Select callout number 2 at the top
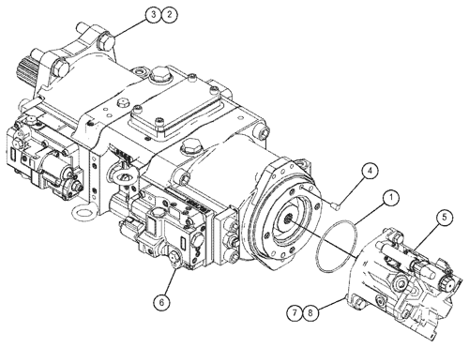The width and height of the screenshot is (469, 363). click(x=169, y=14)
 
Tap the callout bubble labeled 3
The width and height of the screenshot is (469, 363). click(x=153, y=14)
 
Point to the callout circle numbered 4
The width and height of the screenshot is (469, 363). click(x=371, y=171)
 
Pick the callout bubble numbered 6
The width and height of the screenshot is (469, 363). click(x=161, y=301)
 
